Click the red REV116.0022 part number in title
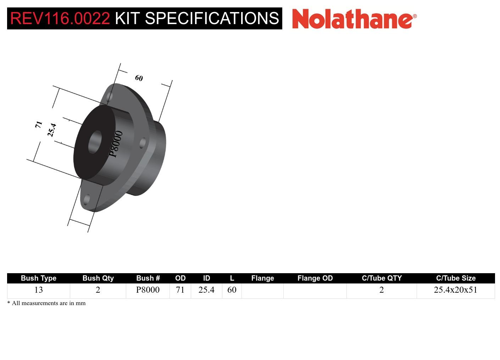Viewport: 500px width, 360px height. pos(60,18)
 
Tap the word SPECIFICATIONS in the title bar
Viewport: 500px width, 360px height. pos(212,18)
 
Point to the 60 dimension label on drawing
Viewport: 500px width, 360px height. pos(139,78)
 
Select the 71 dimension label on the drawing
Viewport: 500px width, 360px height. pos(39,124)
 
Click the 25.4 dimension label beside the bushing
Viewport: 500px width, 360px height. pos(52,130)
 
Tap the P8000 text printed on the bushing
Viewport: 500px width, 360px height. pos(116,144)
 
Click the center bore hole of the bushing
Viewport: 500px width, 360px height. pos(94,142)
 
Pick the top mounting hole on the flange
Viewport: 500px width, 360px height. pos(110,96)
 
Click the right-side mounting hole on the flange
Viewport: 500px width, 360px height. pos(143,143)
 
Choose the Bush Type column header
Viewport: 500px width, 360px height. pos(38,278)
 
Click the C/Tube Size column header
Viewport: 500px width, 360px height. pos(456,278)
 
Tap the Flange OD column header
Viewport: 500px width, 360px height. pos(315,278)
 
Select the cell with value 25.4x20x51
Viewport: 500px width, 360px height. pos(455,290)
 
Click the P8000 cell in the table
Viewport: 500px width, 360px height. pos(148,290)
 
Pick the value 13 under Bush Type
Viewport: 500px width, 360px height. pos(38,290)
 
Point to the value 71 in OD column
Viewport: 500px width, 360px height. pos(180,290)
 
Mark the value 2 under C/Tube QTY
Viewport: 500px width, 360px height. pos(382,290)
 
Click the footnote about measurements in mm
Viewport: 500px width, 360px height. pos(46,303)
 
